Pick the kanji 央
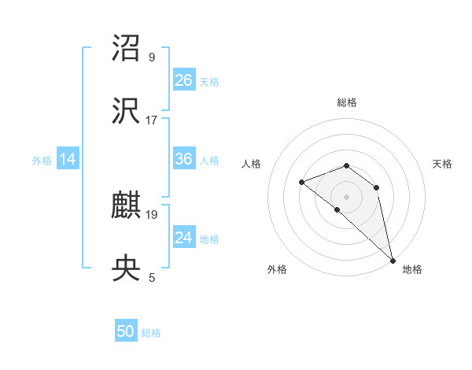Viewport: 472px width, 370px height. tap(127, 268)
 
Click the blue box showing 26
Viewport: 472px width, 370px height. tap(183, 80)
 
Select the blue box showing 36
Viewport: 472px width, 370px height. tap(183, 159)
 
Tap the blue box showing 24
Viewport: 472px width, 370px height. tap(183, 238)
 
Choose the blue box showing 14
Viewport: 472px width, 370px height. tap(68, 159)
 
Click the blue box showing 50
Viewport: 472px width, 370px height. tap(126, 331)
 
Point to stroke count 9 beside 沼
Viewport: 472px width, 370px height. tap(152, 57)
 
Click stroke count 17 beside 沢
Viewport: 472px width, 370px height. tap(152, 120)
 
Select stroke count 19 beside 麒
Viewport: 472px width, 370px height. tap(152, 214)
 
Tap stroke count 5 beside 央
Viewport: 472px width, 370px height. tap(152, 277)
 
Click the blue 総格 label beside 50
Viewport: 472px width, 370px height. tap(151, 333)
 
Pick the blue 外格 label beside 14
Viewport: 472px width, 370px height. tap(42, 161)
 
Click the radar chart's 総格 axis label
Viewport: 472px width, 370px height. tap(347, 102)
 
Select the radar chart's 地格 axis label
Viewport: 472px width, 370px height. tap(412, 269)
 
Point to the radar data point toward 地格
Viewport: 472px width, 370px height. tap(393, 260)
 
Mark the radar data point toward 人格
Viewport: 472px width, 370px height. tap(301, 183)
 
